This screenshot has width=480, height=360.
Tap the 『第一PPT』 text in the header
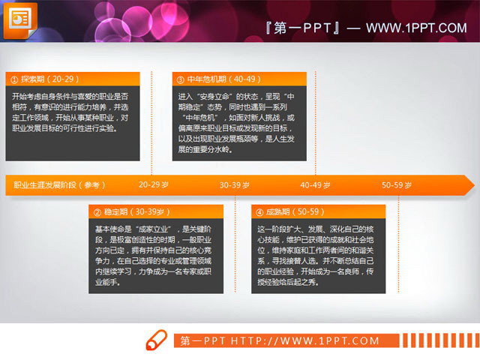coord(303,28)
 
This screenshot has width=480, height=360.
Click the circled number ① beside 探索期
coord(13,79)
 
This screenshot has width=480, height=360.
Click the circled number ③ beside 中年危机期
coord(181,79)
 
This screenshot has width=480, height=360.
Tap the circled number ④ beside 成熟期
coord(259,212)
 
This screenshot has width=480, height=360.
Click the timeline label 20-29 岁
coord(154,184)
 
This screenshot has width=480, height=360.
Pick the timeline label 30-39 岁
coord(235,184)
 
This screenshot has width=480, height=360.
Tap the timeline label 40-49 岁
coord(316,184)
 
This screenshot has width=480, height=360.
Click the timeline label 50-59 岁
coord(397,184)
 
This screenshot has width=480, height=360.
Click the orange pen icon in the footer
coord(157,340)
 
